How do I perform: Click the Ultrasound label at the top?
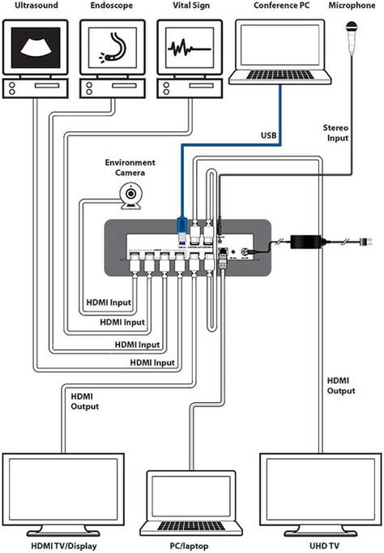(31, 6)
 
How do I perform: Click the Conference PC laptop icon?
(281, 53)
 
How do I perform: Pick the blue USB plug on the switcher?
(182, 228)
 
